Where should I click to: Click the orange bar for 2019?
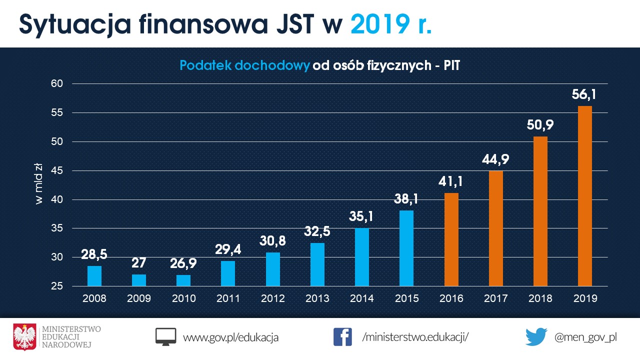(585, 196)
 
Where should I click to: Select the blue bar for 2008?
(94, 276)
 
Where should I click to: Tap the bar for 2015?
(406, 248)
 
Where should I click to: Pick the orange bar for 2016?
(451, 239)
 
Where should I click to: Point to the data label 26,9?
(183, 263)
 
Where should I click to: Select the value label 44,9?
(495, 159)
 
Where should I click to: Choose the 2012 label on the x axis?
(272, 298)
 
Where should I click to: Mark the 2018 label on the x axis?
(540, 298)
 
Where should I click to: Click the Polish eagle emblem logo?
(25, 336)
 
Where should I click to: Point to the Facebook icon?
(342, 336)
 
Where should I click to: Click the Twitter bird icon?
(536, 337)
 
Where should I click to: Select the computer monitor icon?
(166, 337)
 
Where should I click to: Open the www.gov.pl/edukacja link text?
(230, 337)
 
